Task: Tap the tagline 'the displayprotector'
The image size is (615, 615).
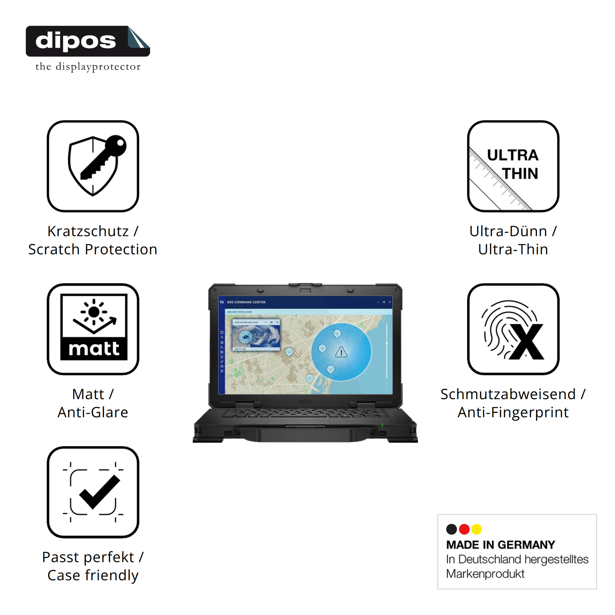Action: (x=88, y=67)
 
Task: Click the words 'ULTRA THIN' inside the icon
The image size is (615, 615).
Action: (x=513, y=164)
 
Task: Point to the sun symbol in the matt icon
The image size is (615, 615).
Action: (x=94, y=312)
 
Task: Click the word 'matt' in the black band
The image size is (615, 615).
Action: (x=94, y=349)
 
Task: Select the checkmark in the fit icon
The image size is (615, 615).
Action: (x=99, y=492)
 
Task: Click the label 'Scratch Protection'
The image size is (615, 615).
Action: (x=93, y=250)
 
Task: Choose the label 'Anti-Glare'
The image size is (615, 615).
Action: (x=93, y=412)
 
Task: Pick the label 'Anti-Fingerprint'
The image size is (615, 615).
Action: (x=513, y=412)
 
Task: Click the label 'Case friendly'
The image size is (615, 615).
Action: (x=93, y=575)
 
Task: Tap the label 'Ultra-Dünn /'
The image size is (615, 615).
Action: (x=513, y=231)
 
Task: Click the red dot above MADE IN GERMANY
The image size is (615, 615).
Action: (x=465, y=529)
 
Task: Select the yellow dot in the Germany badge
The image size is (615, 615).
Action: (x=477, y=529)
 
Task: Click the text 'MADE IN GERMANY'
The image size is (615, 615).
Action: (x=500, y=545)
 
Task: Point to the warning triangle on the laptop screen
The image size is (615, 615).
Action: (x=341, y=352)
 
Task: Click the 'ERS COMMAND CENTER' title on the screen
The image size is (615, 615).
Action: (x=246, y=302)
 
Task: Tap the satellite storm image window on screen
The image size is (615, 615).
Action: (x=256, y=336)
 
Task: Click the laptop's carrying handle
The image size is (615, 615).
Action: (x=305, y=435)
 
